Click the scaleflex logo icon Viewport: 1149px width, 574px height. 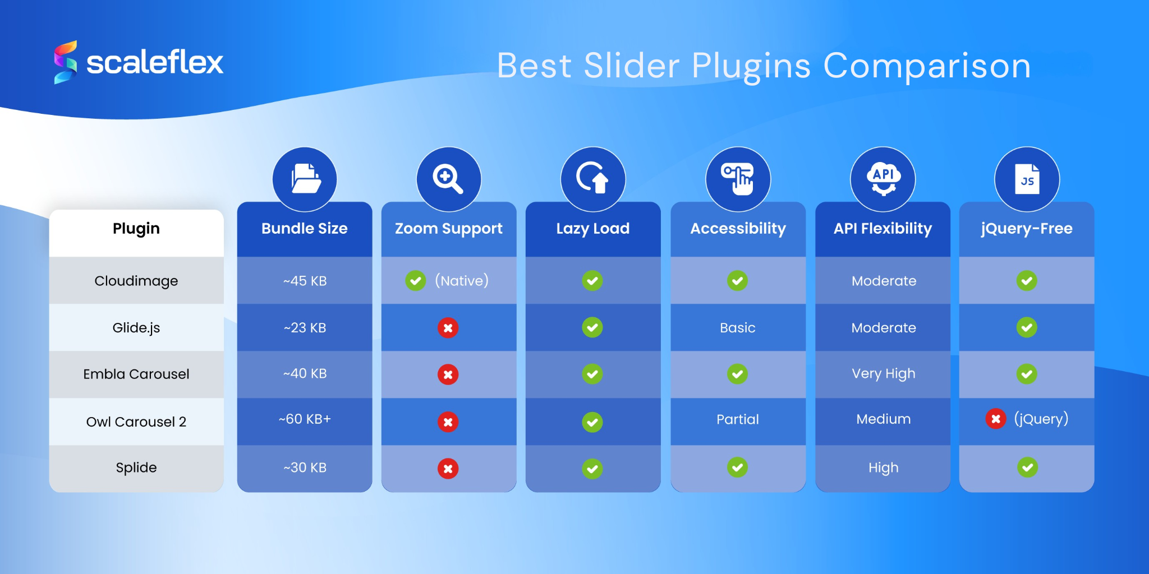pyautogui.click(x=65, y=62)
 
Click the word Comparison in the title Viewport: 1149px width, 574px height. pyautogui.click(x=927, y=66)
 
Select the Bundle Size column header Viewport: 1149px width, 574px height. pyautogui.click(x=304, y=229)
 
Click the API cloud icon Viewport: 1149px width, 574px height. pyautogui.click(x=883, y=179)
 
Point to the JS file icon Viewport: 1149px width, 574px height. pyautogui.click(x=1027, y=179)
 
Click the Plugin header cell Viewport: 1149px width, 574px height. pyautogui.click(x=136, y=229)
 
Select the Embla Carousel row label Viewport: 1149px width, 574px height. pyautogui.click(x=136, y=374)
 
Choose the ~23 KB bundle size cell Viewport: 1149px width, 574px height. pyautogui.click(x=305, y=328)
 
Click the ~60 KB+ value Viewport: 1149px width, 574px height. pyautogui.click(x=305, y=419)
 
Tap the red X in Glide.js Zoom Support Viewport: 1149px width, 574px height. pyautogui.click(x=448, y=328)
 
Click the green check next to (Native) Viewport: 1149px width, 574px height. pyautogui.click(x=416, y=280)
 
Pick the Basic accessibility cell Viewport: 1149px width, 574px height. pyautogui.click(x=738, y=328)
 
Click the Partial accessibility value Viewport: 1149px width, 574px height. pyautogui.click(x=738, y=419)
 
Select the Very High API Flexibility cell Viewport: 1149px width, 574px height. pyautogui.click(x=884, y=374)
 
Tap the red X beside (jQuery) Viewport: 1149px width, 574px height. pyautogui.click(x=996, y=419)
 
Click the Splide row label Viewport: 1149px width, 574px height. pyautogui.click(x=136, y=467)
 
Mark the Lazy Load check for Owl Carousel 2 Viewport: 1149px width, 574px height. pyautogui.click(x=592, y=422)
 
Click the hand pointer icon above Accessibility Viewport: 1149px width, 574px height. pyautogui.click(x=738, y=179)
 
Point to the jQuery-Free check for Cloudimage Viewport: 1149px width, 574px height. pyautogui.click(x=1027, y=280)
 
